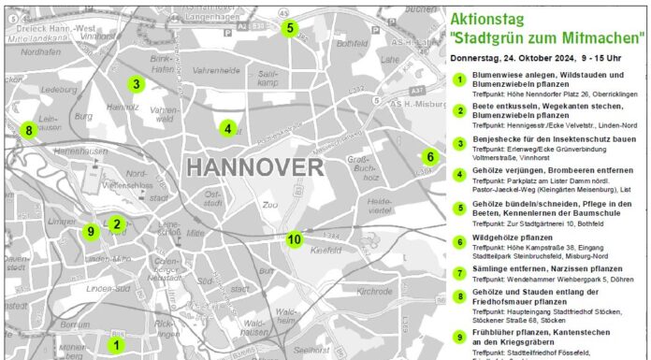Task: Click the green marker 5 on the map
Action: point(290,28)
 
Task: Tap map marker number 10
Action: point(295,239)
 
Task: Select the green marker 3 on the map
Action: point(136,84)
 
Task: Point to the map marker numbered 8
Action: point(29,130)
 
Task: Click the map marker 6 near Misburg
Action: point(429,156)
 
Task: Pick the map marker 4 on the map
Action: point(226,128)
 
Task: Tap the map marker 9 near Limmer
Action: point(91,231)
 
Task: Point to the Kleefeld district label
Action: point(325,252)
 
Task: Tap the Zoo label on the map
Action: point(271,204)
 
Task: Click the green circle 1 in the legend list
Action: point(460,79)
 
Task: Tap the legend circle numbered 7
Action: point(460,272)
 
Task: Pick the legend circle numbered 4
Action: point(460,175)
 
